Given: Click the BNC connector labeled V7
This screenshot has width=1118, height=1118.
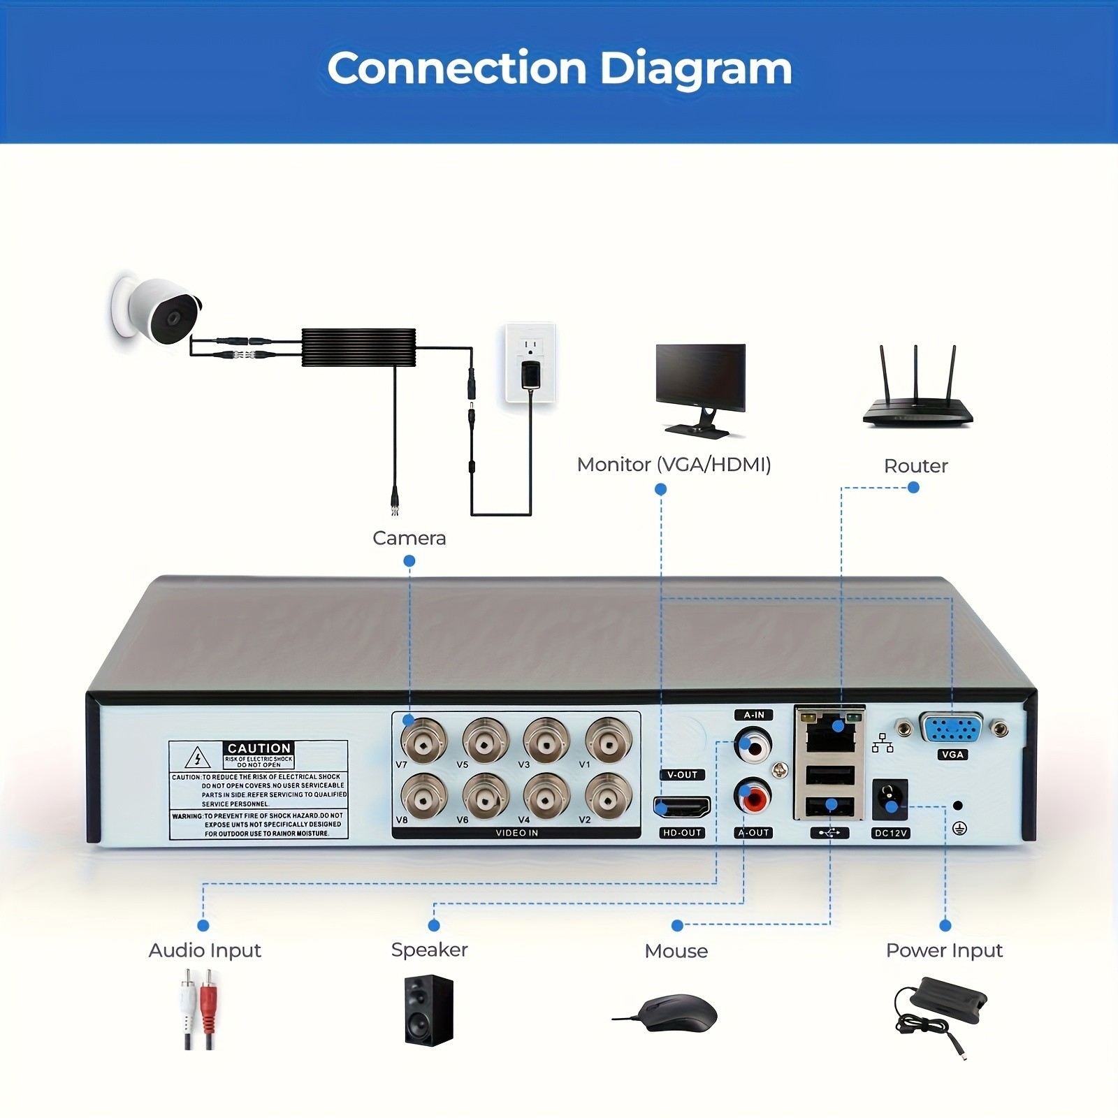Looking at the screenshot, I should click(423, 740).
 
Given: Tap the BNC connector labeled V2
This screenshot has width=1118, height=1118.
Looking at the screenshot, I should click(608, 796).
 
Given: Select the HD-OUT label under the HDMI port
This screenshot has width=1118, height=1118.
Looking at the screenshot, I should click(681, 833).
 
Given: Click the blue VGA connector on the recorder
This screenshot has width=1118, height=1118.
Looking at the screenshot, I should click(951, 729).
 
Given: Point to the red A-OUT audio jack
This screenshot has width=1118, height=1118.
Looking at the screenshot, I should click(753, 797).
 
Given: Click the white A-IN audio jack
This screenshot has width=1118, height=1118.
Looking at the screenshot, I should click(753, 746).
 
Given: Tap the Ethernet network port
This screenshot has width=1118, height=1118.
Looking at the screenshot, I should click(829, 733).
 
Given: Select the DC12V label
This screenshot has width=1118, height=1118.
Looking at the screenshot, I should click(890, 833).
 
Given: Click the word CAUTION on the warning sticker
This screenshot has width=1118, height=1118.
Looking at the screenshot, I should click(259, 748).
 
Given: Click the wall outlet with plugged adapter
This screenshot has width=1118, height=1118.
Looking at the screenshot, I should click(530, 363).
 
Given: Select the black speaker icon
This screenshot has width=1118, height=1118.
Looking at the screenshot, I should click(428, 1010).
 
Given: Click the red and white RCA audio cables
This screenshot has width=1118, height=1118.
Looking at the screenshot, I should click(198, 1008).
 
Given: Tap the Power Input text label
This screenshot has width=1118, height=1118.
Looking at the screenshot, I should click(944, 950).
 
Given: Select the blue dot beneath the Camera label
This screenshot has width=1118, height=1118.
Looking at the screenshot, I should click(409, 560).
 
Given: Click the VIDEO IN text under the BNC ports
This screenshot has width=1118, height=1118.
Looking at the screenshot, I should click(516, 833).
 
